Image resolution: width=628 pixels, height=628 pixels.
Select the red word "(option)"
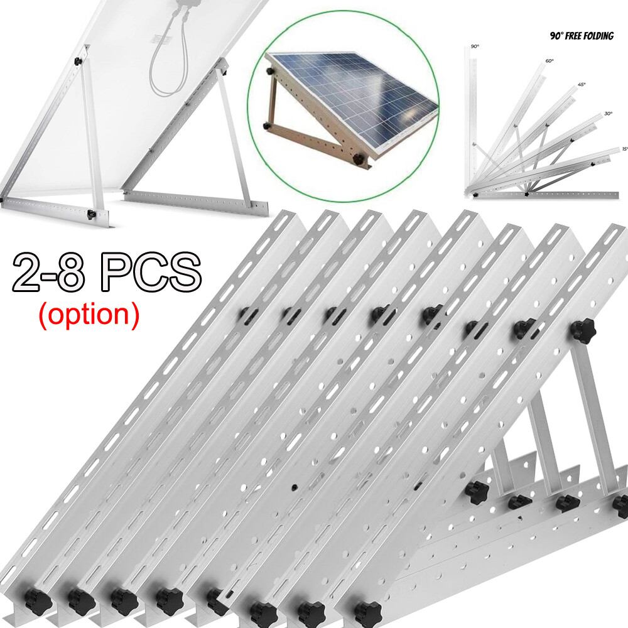click(89, 313)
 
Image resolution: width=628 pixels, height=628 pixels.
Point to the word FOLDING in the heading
click(600, 36)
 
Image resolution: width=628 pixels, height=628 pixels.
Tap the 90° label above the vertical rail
click(475, 47)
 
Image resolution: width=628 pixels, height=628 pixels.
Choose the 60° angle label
click(549, 61)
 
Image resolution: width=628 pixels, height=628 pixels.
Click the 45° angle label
click(582, 86)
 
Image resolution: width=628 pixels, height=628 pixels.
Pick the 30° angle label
click(608, 114)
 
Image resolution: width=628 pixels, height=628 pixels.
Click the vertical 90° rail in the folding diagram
click(469, 119)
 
